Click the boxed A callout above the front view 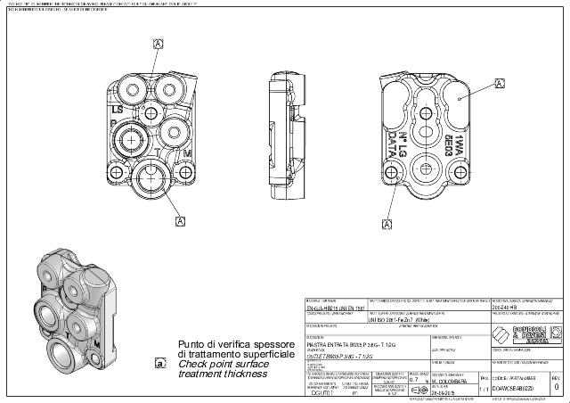(x=159, y=44)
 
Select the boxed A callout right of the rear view (x=499, y=83)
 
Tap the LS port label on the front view (x=116, y=107)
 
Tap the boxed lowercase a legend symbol (x=160, y=363)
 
